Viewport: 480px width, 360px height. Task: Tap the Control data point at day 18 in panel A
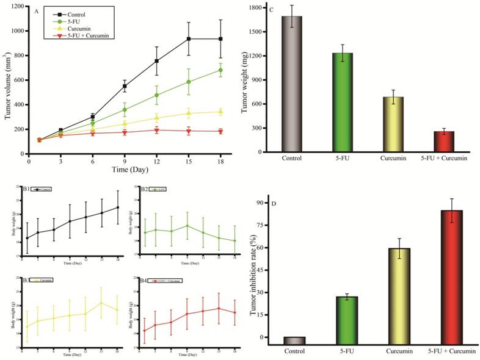coord(220,39)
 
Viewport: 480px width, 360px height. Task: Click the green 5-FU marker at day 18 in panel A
coord(220,70)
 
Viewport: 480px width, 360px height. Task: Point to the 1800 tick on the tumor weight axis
coord(267,8)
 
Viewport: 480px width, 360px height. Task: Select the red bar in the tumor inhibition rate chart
coord(452,278)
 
